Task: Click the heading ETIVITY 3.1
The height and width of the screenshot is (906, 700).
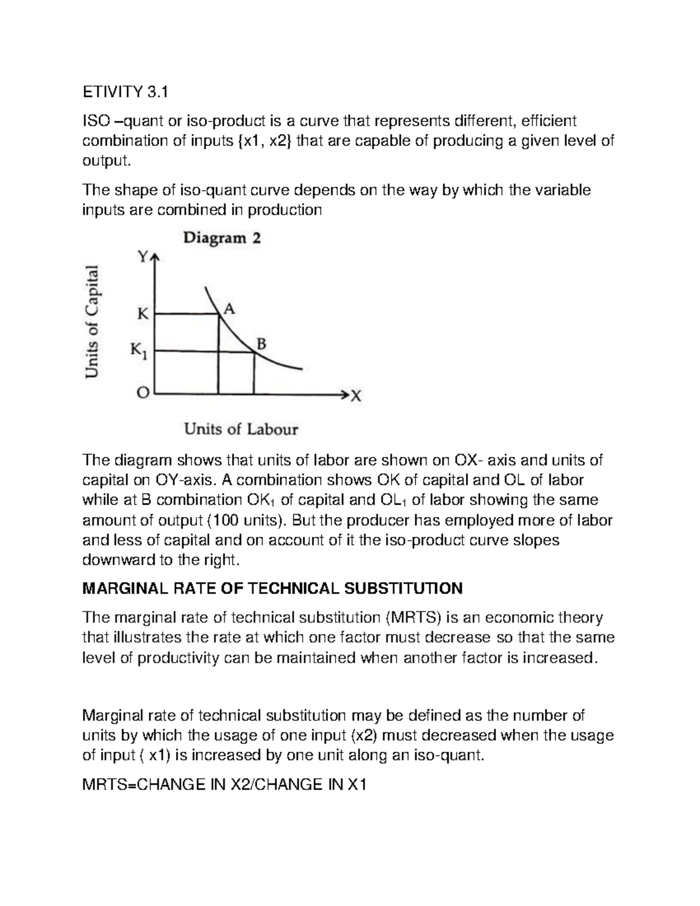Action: tap(125, 92)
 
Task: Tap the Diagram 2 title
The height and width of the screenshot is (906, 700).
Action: tap(222, 238)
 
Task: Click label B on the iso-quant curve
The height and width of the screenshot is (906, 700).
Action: tap(261, 344)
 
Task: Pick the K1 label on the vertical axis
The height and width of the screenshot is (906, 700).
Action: tap(141, 351)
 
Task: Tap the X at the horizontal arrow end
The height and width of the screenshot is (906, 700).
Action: tap(356, 397)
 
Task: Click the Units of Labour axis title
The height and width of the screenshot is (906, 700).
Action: tap(241, 429)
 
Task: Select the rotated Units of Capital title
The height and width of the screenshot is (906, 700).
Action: tap(92, 321)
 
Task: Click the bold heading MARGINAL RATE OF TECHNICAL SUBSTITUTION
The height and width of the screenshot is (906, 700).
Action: tap(273, 588)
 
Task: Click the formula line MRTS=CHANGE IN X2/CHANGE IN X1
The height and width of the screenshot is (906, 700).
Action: tap(225, 785)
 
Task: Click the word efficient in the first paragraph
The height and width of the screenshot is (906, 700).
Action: tap(548, 121)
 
